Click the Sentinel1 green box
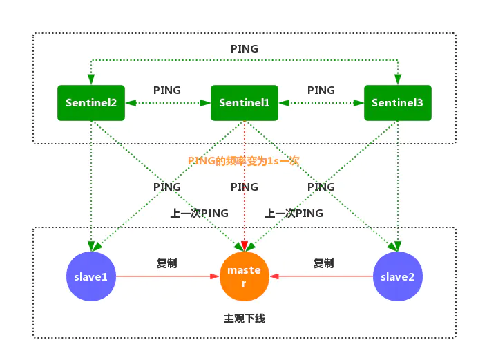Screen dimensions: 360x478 [x=244, y=102]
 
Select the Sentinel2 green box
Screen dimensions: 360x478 [x=91, y=102]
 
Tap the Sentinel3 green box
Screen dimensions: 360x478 [x=397, y=102]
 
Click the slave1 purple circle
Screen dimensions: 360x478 [x=91, y=276]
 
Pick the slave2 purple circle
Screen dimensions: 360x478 [x=397, y=276]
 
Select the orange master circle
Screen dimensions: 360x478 [x=244, y=276]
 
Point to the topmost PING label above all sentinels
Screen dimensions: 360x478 [x=245, y=49]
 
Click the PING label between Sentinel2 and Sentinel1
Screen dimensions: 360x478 [x=167, y=90]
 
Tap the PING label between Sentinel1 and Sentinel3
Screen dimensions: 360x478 [x=321, y=90]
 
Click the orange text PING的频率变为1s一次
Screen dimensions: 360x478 [x=244, y=160]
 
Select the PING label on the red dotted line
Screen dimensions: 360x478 [x=244, y=187]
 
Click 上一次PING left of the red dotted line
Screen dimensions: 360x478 [x=200, y=213]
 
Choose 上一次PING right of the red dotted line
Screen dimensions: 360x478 [x=294, y=213]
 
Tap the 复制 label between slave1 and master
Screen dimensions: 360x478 [x=167, y=263]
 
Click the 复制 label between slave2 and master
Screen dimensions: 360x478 [x=323, y=263]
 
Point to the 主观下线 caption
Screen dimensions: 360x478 [x=245, y=319]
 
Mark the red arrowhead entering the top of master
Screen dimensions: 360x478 [x=244, y=245]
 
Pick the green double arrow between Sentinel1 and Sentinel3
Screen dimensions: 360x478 [x=321, y=102]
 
